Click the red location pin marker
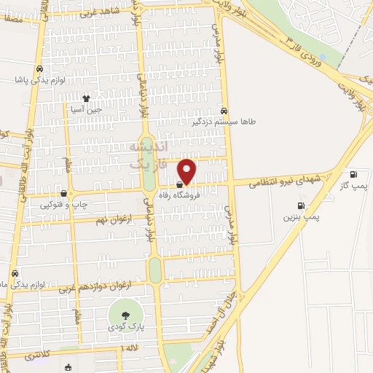coord(187,171)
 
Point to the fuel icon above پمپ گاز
coord(354,175)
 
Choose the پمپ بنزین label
coord(302,216)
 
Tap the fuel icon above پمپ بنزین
coord(298,205)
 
